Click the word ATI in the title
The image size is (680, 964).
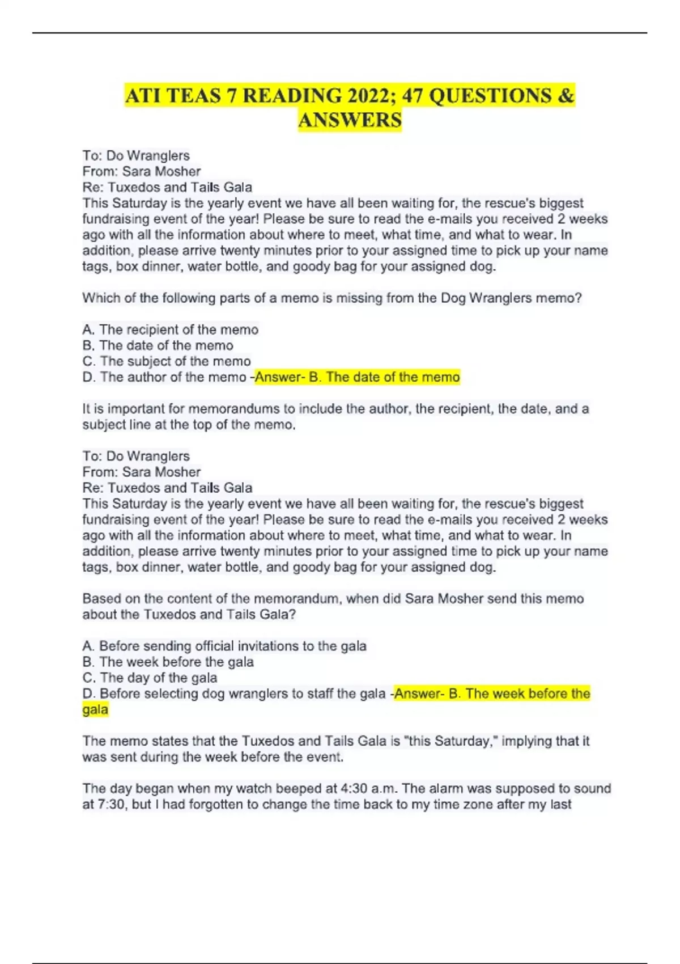coord(143,96)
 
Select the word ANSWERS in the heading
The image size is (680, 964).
coord(350,120)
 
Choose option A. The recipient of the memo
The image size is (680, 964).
coord(170,329)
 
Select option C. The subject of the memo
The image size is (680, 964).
coord(166,361)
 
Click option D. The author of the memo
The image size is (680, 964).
coord(164,377)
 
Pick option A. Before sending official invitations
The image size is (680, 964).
coord(224,646)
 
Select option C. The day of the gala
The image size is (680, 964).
coord(150,678)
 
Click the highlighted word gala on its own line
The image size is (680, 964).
coord(95,709)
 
